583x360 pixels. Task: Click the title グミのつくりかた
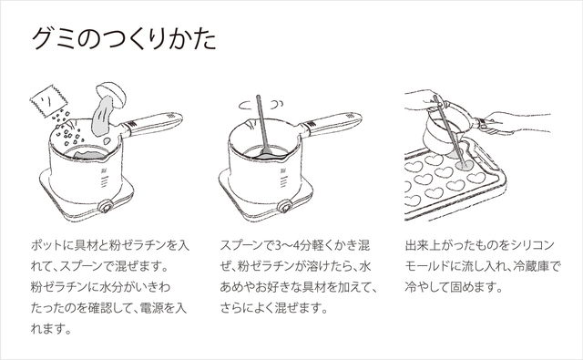pyautogui.click(x=124, y=38)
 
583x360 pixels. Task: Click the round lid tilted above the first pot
pyautogui.click(x=111, y=95)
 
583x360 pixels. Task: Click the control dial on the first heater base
pyautogui.click(x=106, y=207)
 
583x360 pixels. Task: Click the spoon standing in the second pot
pyautogui.click(x=263, y=127)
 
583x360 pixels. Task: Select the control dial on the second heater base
pyautogui.click(x=285, y=206)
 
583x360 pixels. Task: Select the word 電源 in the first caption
pyautogui.click(x=151, y=308)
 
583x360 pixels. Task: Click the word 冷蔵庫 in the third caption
pyautogui.click(x=530, y=266)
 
